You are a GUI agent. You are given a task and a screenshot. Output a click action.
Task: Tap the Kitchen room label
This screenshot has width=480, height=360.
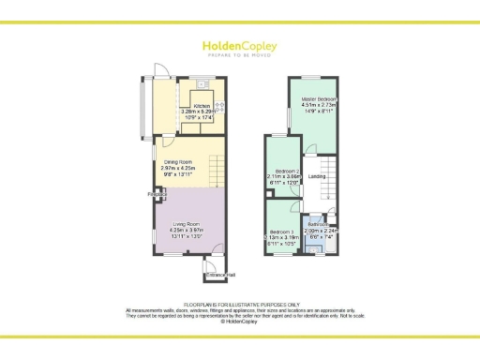tap(203, 105)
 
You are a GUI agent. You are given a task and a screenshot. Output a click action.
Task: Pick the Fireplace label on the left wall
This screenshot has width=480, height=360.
tap(156, 194)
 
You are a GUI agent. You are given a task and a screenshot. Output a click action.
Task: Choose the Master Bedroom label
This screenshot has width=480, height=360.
tap(318, 97)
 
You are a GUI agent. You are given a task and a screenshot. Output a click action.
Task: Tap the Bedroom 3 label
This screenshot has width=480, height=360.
tap(282, 232)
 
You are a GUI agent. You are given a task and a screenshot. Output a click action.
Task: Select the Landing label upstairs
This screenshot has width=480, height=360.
tap(317, 175)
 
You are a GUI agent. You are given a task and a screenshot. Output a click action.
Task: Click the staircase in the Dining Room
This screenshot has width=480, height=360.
tap(217, 172)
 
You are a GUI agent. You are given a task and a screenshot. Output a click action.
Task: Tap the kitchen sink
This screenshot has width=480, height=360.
tap(219, 105)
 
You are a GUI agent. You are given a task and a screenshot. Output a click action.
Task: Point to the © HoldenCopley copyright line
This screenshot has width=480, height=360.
tap(240, 320)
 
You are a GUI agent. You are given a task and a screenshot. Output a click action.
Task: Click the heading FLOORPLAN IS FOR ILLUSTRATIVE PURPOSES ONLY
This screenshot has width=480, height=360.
tap(240, 304)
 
